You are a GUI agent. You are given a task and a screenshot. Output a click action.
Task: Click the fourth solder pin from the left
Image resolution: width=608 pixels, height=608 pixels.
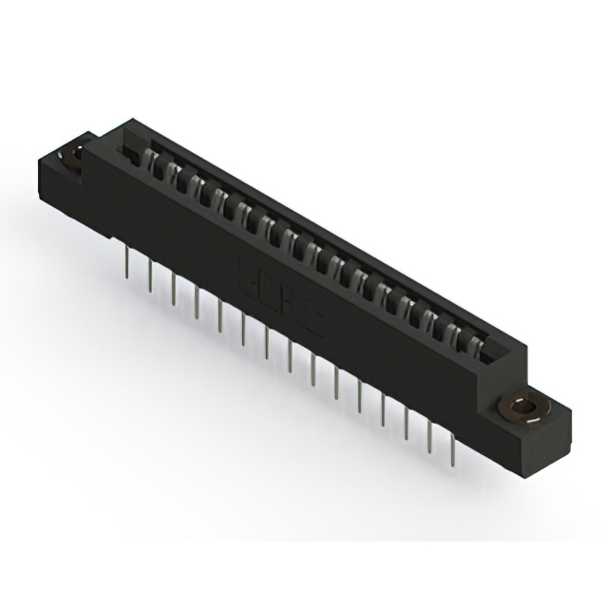198,301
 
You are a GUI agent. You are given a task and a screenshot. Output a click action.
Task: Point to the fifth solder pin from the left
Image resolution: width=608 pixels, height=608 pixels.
220,314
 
